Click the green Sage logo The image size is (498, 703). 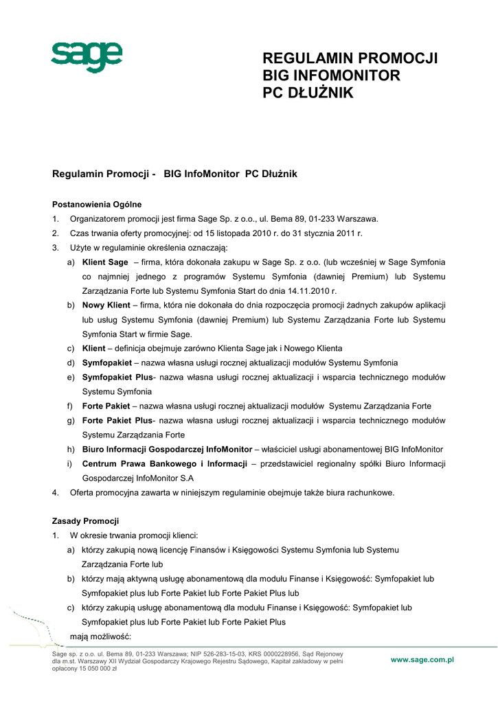click(87, 58)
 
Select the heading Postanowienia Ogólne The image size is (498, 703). click(97, 204)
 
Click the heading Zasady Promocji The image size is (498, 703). click(86, 521)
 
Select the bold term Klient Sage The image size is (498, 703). click(105, 262)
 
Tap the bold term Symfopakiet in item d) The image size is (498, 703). click(106, 362)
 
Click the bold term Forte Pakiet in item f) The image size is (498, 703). click(106, 406)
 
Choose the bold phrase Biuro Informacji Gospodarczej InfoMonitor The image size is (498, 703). click(166, 450)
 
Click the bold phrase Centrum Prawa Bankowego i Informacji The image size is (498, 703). click(164, 464)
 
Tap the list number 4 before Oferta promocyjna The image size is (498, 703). click(55, 492)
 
